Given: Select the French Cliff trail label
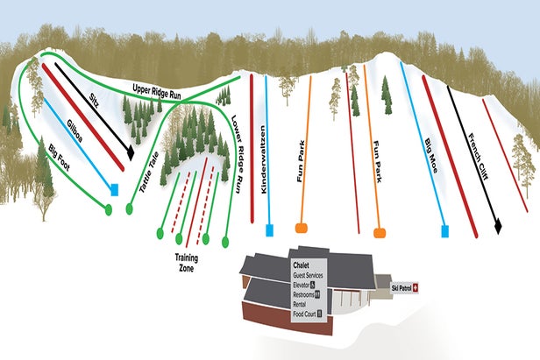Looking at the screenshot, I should point(479,156).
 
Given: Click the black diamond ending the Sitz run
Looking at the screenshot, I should point(131,152).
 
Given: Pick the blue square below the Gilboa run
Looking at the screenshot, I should point(114,188).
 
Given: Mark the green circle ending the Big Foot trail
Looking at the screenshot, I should point(109,210).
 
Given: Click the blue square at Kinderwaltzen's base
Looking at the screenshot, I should point(269,230).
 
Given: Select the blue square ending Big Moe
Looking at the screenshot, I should point(445,231).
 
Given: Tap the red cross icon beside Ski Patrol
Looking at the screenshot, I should point(417,286).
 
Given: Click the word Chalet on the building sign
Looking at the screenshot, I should point(302,265).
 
